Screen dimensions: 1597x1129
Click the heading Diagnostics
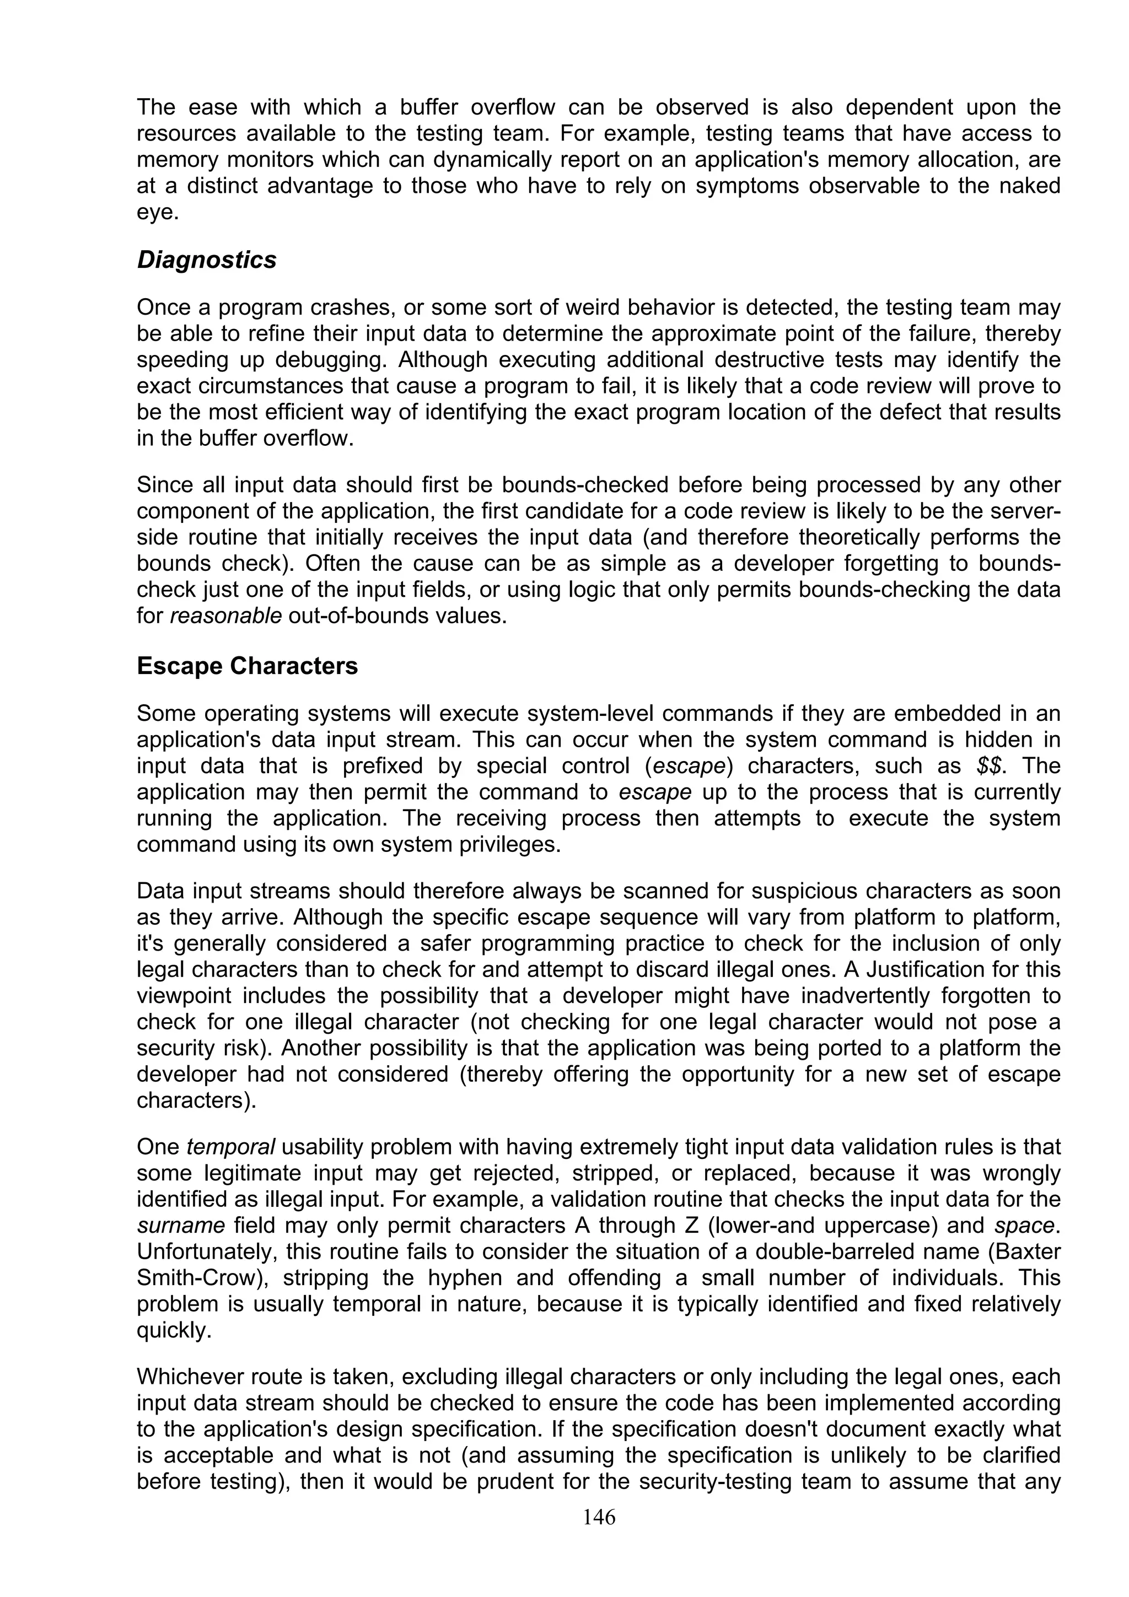click(x=207, y=260)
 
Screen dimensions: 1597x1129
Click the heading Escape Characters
click(x=247, y=666)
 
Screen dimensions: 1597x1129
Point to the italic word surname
click(x=181, y=1226)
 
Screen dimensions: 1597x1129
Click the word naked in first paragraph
click(x=1027, y=186)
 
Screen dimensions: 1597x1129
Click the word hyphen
click(x=464, y=1278)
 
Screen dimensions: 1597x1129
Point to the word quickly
click(x=173, y=1331)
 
